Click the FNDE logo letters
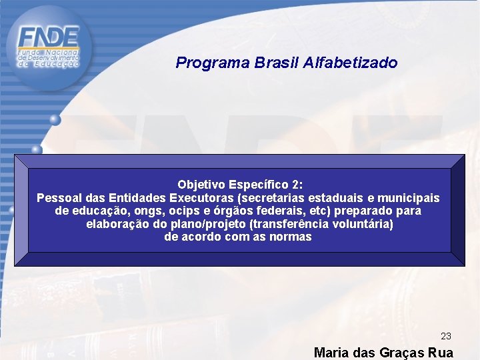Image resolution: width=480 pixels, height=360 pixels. coord(49,36)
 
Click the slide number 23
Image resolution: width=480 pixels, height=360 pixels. coord(446,337)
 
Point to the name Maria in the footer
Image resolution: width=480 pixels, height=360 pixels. coord(330,353)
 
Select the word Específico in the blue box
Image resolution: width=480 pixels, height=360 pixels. coord(259,185)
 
